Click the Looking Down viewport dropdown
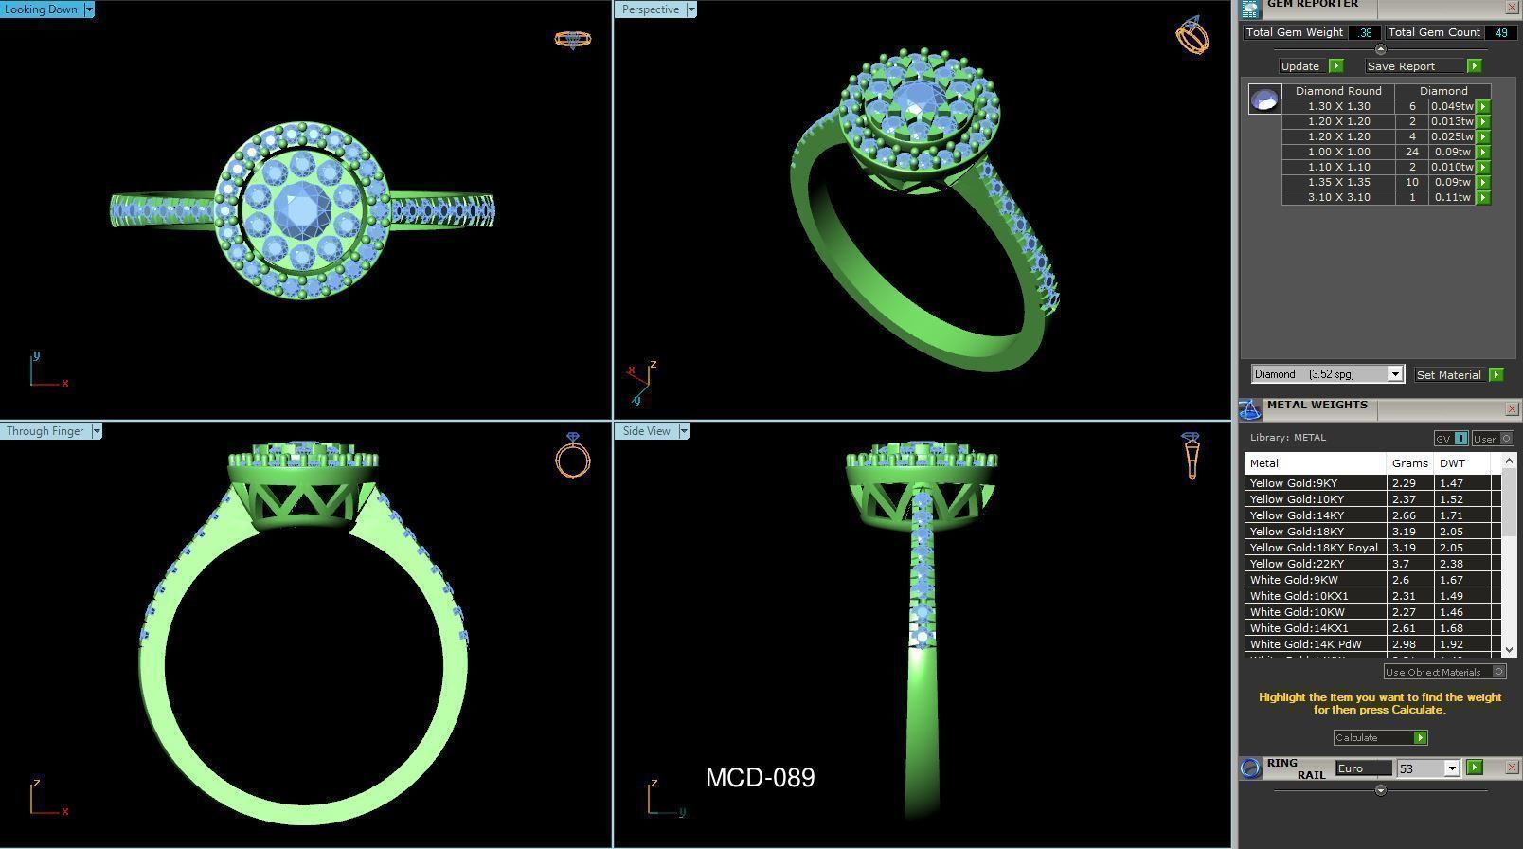(x=89, y=9)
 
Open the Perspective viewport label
(x=651, y=9)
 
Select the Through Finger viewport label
(x=45, y=431)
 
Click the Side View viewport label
(x=646, y=431)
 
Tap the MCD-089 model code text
(x=760, y=778)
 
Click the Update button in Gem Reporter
(x=1300, y=66)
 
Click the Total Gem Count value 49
(x=1500, y=32)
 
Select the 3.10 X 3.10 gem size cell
(x=1337, y=197)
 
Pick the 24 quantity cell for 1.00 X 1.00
(x=1411, y=152)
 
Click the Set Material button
(x=1448, y=375)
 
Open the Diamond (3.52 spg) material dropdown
(x=1394, y=374)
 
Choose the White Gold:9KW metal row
(x=1293, y=580)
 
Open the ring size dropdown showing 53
(x=1451, y=768)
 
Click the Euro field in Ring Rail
(x=1363, y=768)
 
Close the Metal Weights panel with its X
(x=1511, y=409)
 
